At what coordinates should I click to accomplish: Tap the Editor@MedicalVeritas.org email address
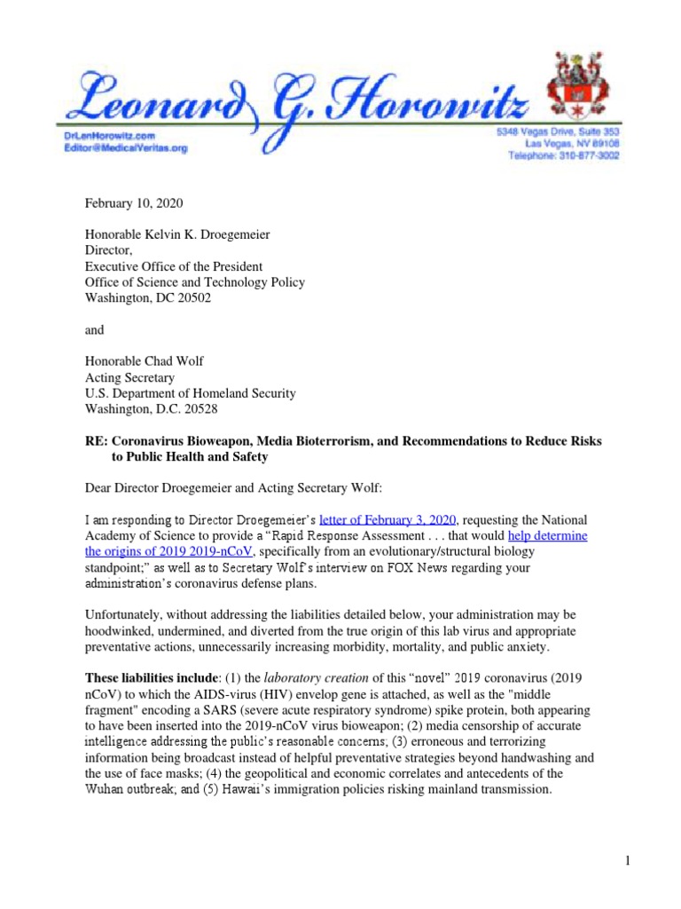(132, 149)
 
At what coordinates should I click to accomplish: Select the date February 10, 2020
(134, 203)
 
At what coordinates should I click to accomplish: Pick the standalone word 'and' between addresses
(95, 330)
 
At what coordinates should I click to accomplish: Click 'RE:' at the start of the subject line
(98, 441)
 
